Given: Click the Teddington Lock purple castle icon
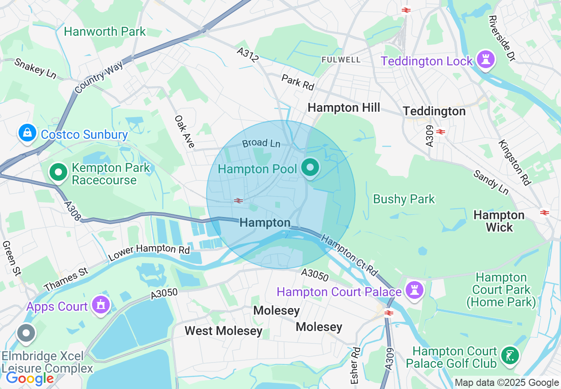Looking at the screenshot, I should coord(485,60).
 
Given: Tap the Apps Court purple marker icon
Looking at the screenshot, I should coord(101,305).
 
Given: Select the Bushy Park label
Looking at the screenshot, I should coord(404,199).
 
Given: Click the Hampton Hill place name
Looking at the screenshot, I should coord(344,108).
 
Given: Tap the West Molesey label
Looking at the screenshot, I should coord(223,331).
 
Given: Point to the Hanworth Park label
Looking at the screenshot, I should coord(105,32).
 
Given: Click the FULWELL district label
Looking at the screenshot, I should coord(341,60).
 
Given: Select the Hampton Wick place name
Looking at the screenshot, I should coord(499,221).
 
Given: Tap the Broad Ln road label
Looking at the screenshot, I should coord(261,143).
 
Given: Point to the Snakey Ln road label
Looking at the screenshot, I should coord(35,69).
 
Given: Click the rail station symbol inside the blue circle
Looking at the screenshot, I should coord(238,201).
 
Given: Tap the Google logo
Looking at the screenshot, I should coord(30,378).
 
